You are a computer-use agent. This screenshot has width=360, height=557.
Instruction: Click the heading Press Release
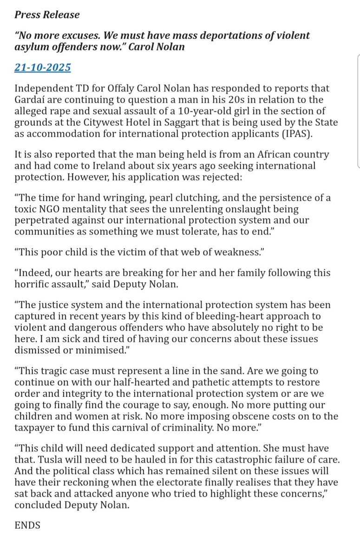point(47,14)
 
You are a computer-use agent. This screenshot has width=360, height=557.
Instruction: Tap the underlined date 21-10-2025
point(43,67)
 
